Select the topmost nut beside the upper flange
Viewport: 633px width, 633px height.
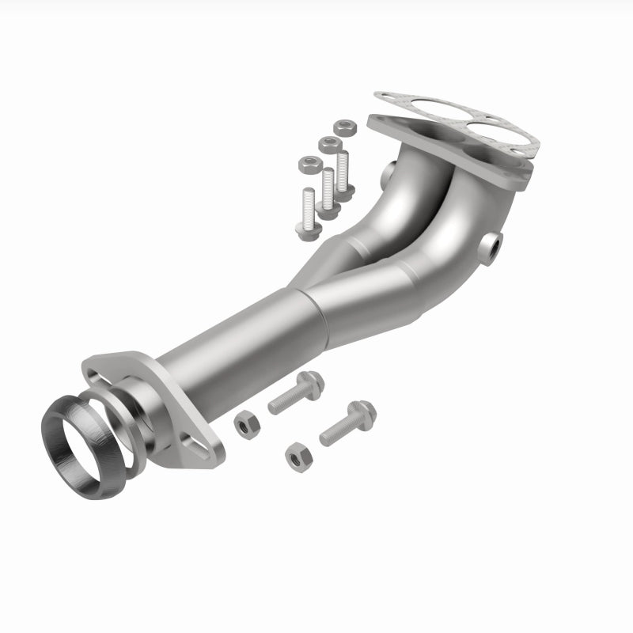click(343, 127)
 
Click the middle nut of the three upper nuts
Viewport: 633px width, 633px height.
click(327, 144)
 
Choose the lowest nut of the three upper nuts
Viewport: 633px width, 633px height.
click(308, 164)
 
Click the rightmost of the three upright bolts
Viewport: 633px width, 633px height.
click(343, 170)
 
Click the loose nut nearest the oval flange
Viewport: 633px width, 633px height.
click(244, 425)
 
